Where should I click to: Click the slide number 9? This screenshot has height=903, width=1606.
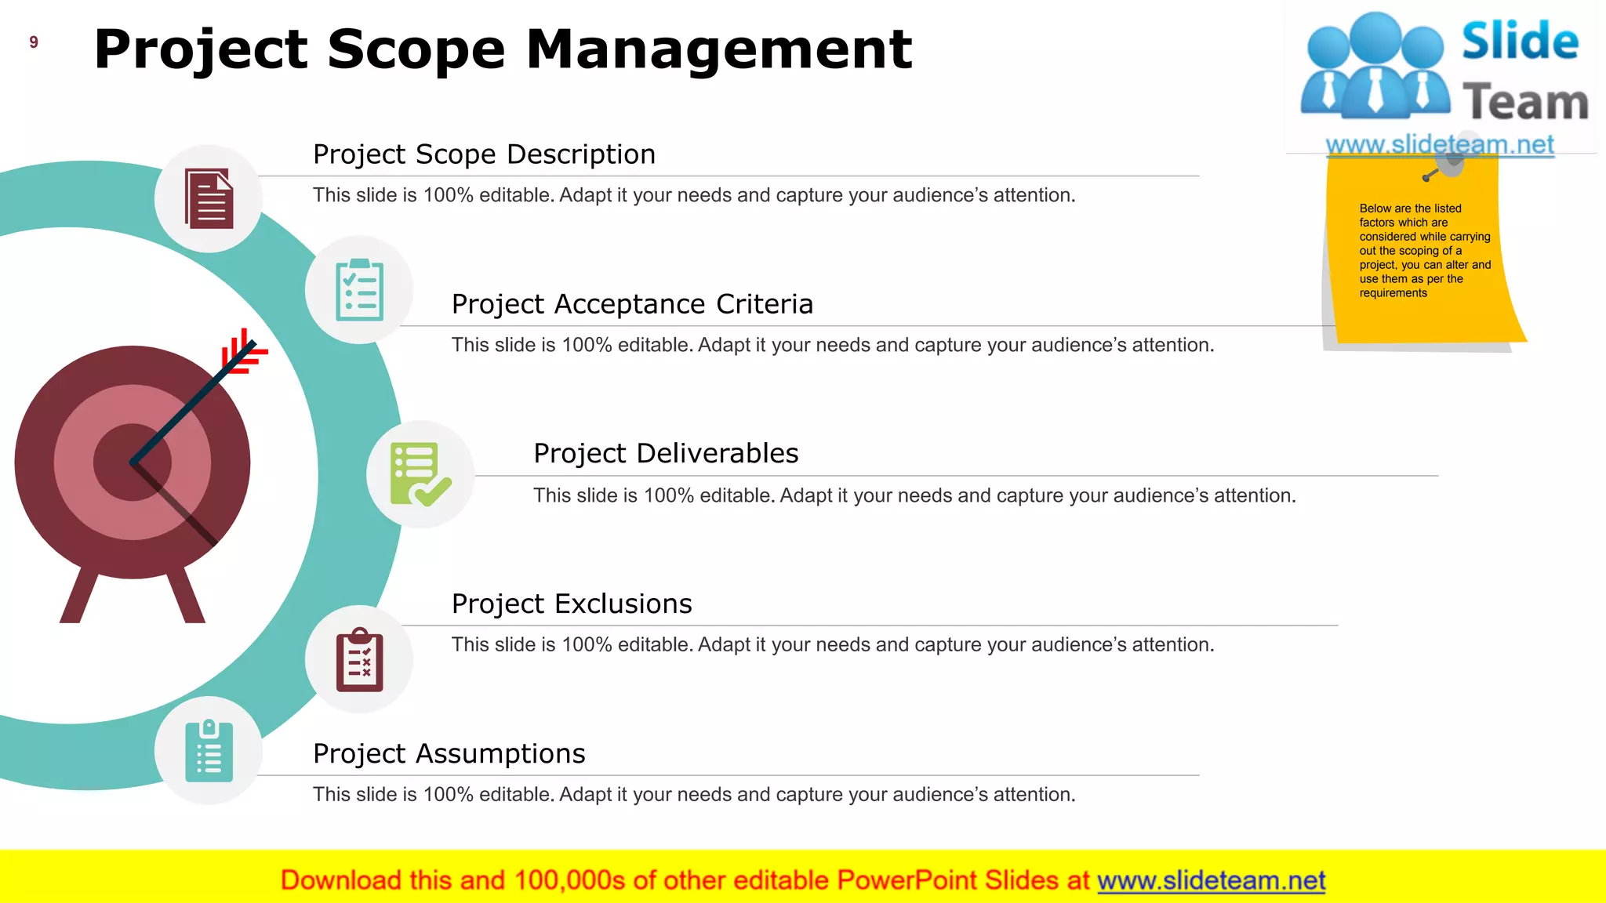(x=34, y=42)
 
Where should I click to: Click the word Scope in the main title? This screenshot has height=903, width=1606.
(x=416, y=49)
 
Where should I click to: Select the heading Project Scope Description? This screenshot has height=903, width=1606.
(x=484, y=154)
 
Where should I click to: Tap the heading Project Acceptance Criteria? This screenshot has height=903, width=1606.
(x=632, y=304)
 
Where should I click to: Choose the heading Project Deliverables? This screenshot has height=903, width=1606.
(x=666, y=453)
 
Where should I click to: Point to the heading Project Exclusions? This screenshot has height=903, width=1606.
(x=572, y=604)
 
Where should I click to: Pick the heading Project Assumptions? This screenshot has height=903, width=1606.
(x=449, y=753)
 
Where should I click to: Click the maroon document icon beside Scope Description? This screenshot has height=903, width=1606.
(x=209, y=199)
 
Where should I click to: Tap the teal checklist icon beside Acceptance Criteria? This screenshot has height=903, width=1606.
(x=359, y=290)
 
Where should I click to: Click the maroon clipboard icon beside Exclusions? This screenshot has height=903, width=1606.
(x=359, y=659)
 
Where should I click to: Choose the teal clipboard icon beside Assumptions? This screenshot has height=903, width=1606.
(x=209, y=751)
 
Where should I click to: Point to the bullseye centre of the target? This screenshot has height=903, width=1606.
(x=133, y=462)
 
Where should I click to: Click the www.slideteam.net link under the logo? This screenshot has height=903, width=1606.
(x=1440, y=144)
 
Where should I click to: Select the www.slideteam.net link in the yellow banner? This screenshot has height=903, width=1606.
(x=1211, y=881)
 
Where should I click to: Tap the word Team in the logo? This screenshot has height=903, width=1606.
(x=1524, y=103)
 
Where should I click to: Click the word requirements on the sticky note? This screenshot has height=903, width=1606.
(x=1393, y=293)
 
